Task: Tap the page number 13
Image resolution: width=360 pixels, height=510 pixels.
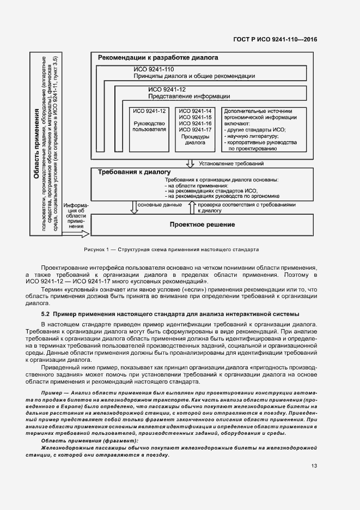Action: click(314, 466)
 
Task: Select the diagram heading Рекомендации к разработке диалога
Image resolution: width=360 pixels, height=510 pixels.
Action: click(158, 57)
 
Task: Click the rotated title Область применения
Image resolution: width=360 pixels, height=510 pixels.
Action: click(36, 144)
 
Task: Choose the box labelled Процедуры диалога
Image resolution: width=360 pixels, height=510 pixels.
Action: click(194, 140)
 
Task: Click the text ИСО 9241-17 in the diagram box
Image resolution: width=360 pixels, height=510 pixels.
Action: click(194, 130)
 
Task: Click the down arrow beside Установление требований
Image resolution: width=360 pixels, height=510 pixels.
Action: click(190, 163)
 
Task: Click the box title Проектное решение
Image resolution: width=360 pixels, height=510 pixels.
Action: click(202, 224)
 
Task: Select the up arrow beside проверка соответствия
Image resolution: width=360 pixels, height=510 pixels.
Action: click(191, 207)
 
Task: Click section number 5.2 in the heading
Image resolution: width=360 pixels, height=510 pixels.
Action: click(46, 314)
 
